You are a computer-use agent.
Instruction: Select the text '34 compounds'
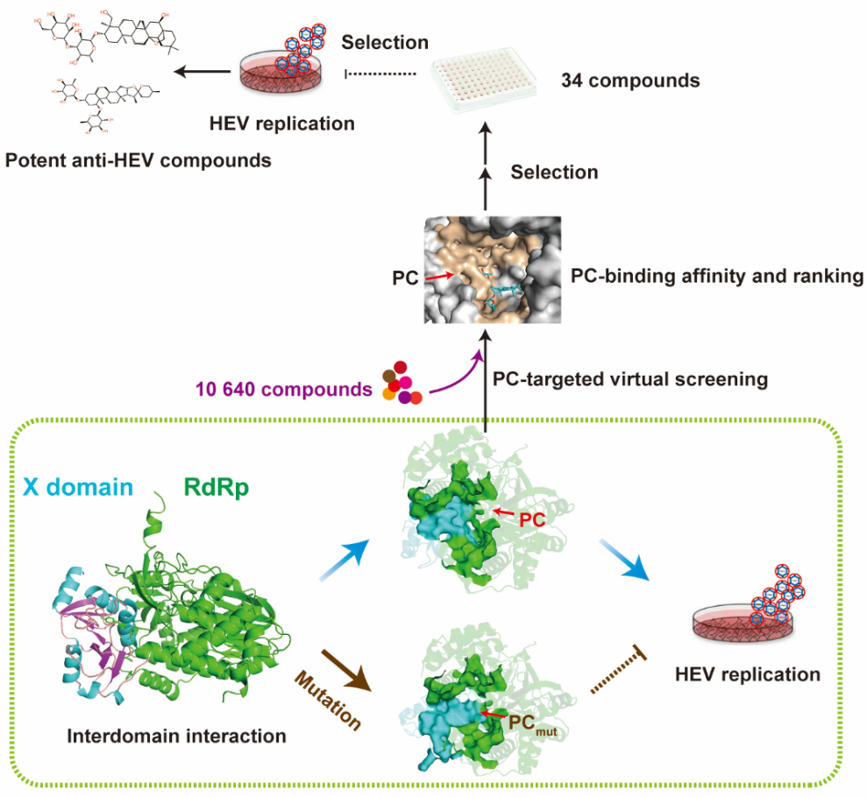coord(630,81)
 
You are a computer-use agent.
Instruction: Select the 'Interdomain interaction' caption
coord(176,737)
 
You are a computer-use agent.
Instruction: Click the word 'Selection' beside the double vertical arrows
coord(555,172)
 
